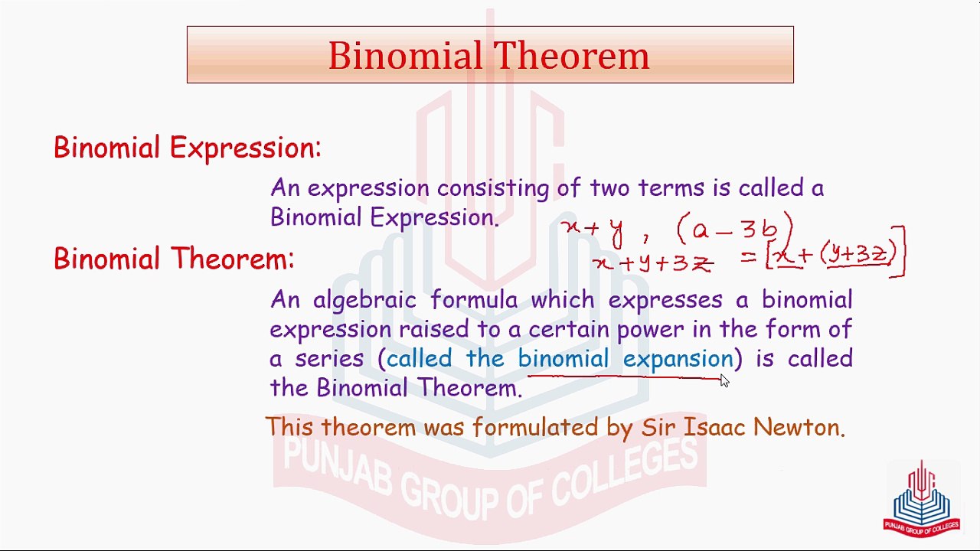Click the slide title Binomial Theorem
coord(488,56)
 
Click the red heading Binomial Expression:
coord(188,148)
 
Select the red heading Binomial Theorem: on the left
coord(174,259)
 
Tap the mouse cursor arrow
coord(724,380)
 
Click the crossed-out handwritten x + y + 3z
coord(654,263)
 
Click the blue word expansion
coord(678,359)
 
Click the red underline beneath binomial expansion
coord(624,377)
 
